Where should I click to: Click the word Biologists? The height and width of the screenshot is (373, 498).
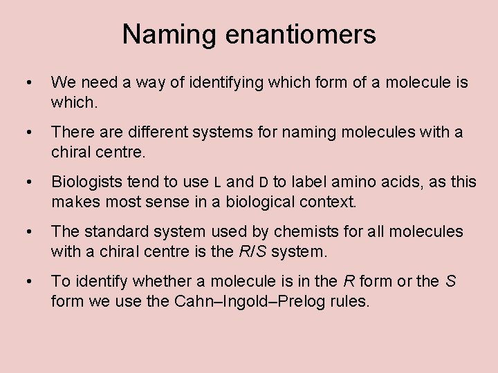pos(86,182)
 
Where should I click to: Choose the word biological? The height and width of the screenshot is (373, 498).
pos(264,202)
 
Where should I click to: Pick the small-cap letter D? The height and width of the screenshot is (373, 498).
pos(264,182)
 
